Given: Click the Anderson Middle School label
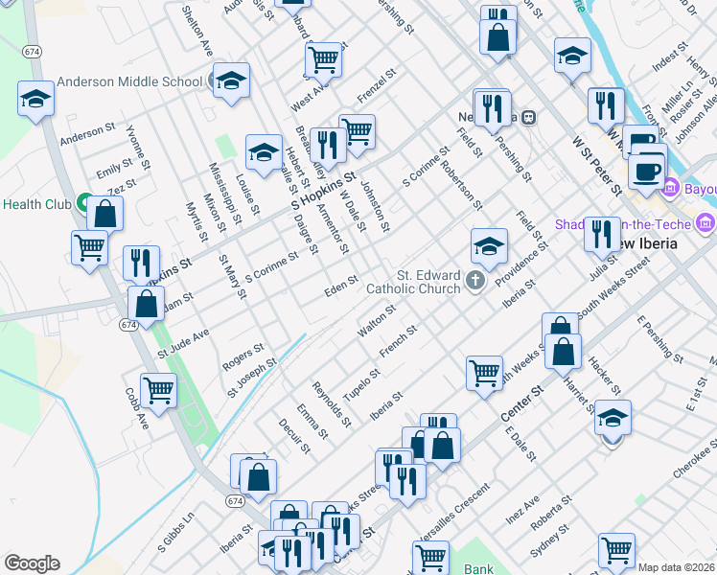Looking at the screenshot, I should (x=129, y=81).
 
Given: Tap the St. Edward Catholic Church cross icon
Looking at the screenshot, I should (x=476, y=281).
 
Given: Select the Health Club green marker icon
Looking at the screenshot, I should (x=84, y=204).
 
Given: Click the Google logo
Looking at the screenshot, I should (x=32, y=563).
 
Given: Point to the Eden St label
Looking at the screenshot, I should (x=340, y=286).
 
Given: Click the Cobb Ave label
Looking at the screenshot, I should (x=136, y=406).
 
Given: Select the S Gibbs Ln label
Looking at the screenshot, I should (x=175, y=543).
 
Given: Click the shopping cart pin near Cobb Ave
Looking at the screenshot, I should (x=158, y=390).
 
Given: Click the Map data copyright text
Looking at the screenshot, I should (x=675, y=567).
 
